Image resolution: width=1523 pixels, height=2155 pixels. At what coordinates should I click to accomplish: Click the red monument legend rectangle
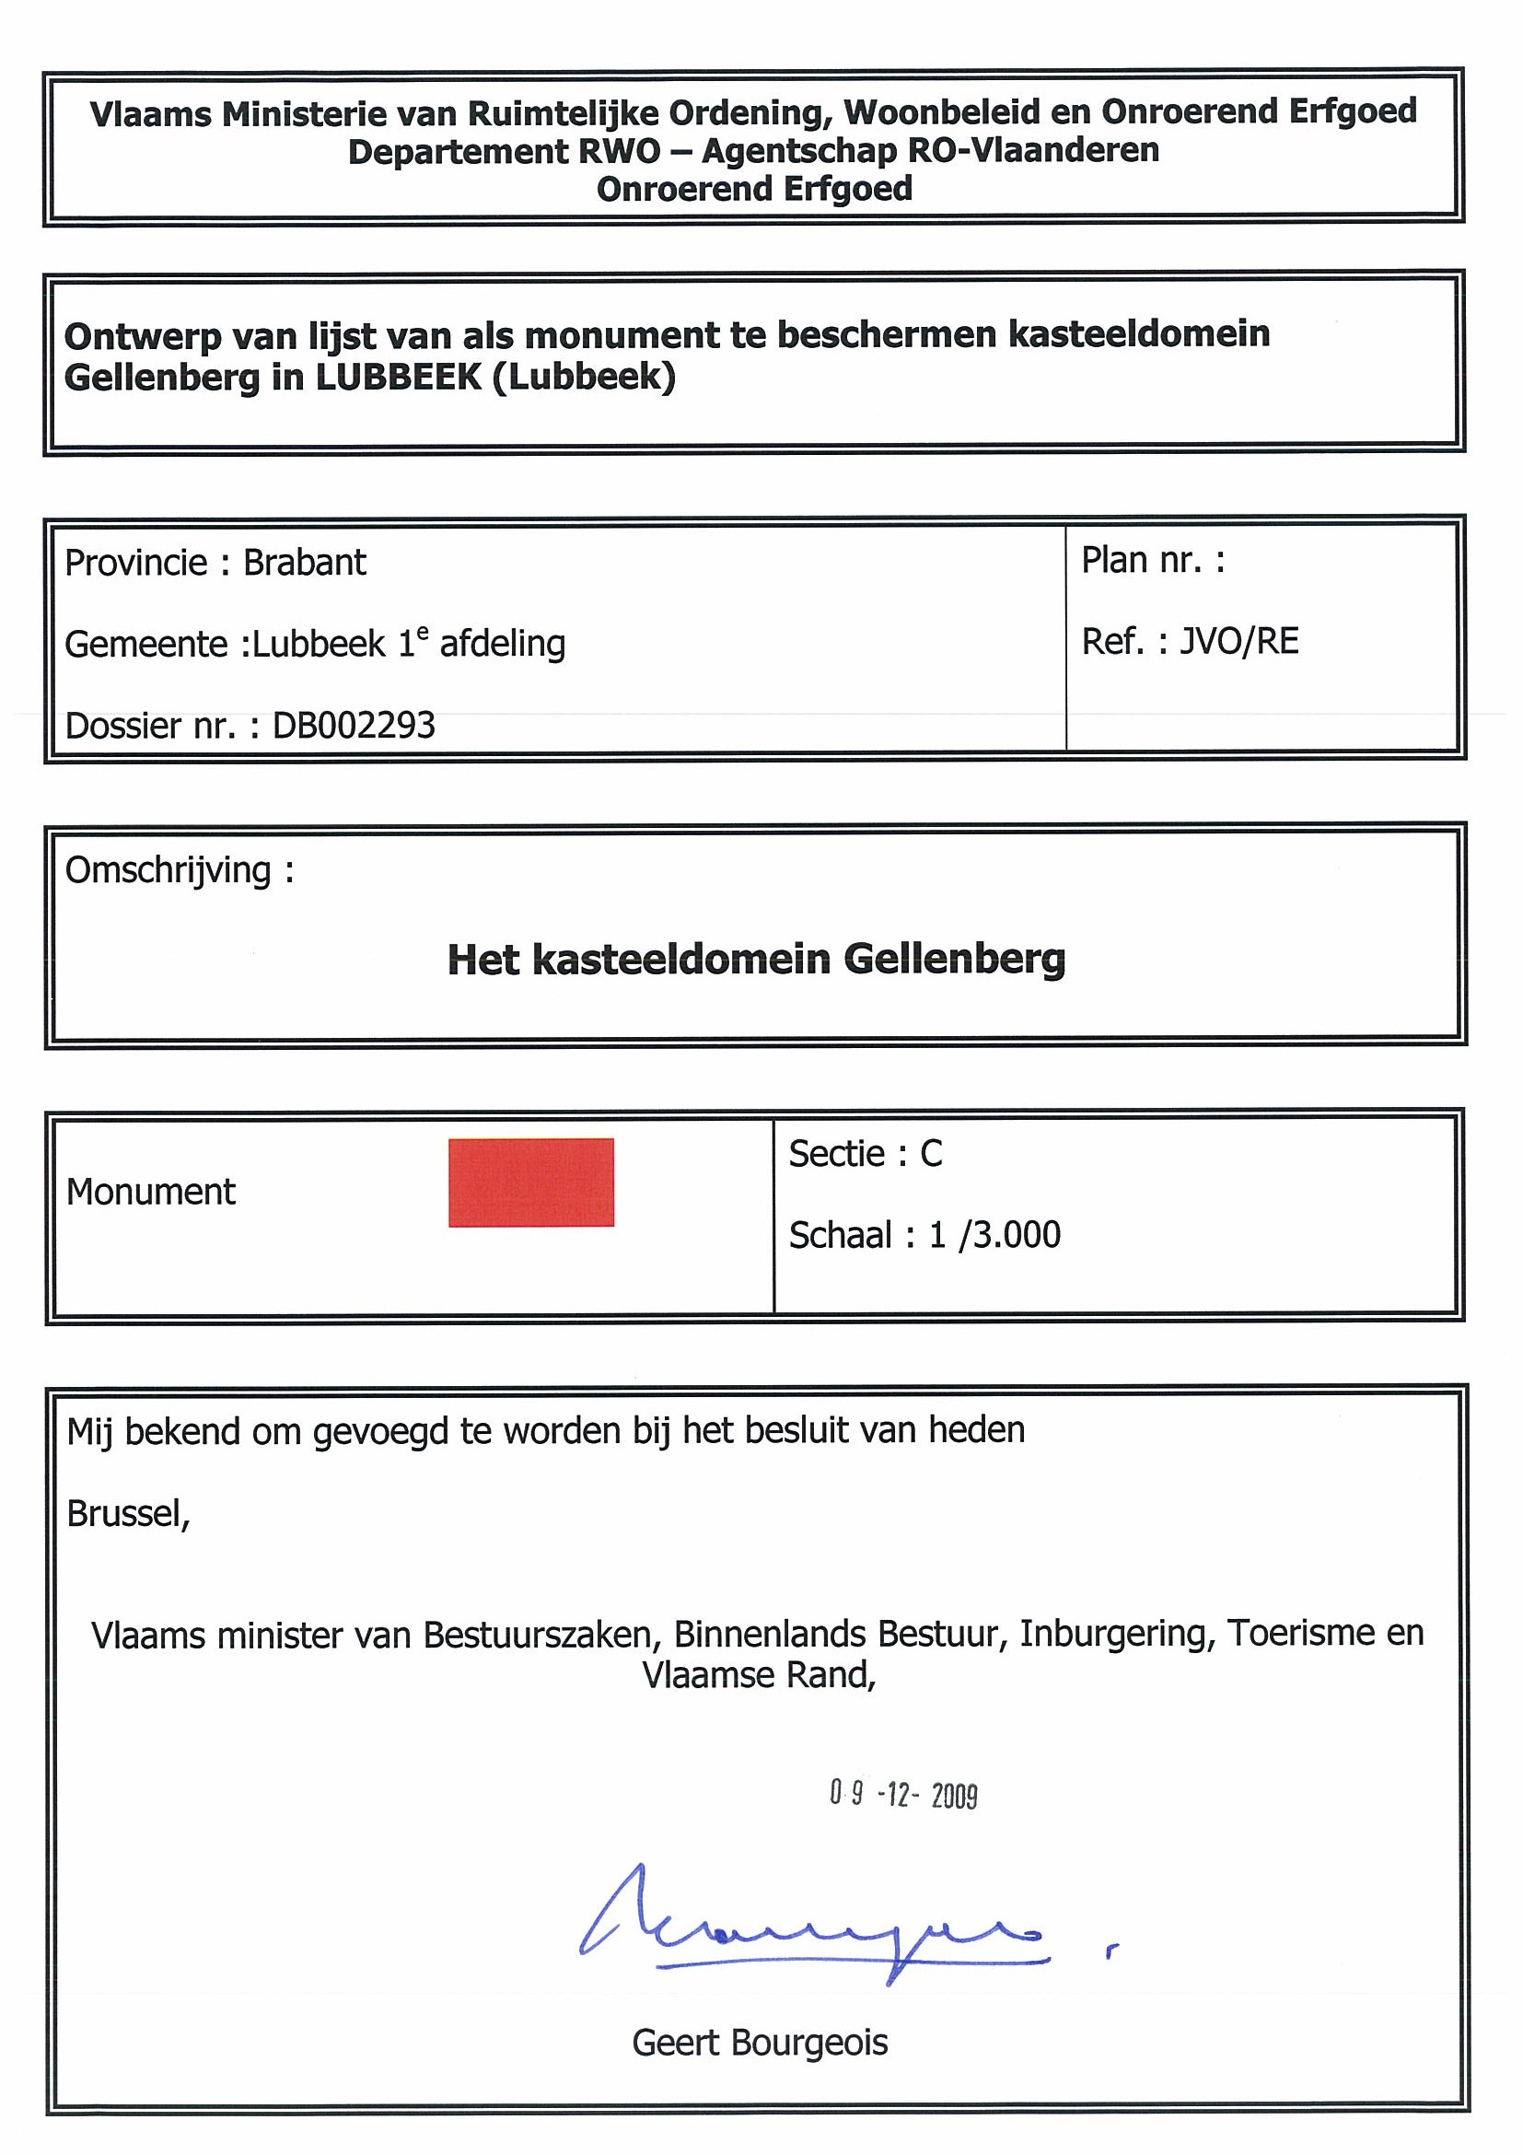[x=531, y=1182]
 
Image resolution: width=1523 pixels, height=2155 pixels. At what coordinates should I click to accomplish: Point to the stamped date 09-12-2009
[x=902, y=1795]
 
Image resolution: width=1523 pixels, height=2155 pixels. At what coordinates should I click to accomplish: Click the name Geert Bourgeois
[x=759, y=2043]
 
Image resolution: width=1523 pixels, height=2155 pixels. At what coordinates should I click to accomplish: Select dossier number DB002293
[x=354, y=726]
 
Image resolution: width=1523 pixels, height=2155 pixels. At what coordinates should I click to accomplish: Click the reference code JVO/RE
[x=1238, y=642]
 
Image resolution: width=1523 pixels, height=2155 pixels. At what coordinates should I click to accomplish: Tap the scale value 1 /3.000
[x=994, y=1235]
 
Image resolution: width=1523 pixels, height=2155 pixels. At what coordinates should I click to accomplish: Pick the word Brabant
[x=305, y=563]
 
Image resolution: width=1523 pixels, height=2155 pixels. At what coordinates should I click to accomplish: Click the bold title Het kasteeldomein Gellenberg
[x=756, y=960]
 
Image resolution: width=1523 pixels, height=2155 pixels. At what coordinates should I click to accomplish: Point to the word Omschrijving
[x=168, y=871]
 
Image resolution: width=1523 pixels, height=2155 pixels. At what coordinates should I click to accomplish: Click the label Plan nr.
[x=1141, y=560]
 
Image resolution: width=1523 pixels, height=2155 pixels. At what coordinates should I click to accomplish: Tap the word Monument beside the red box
[x=151, y=1192]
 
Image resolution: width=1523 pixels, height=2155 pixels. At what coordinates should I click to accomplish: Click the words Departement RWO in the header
[x=504, y=151]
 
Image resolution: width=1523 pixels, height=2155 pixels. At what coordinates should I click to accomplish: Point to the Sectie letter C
[x=931, y=1154]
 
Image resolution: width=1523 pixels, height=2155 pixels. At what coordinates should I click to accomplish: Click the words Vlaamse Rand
[x=758, y=1674]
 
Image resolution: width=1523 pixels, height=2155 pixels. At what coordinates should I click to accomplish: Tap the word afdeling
[x=503, y=644]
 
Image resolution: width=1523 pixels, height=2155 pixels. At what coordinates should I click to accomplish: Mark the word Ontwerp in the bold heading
[x=143, y=335]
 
